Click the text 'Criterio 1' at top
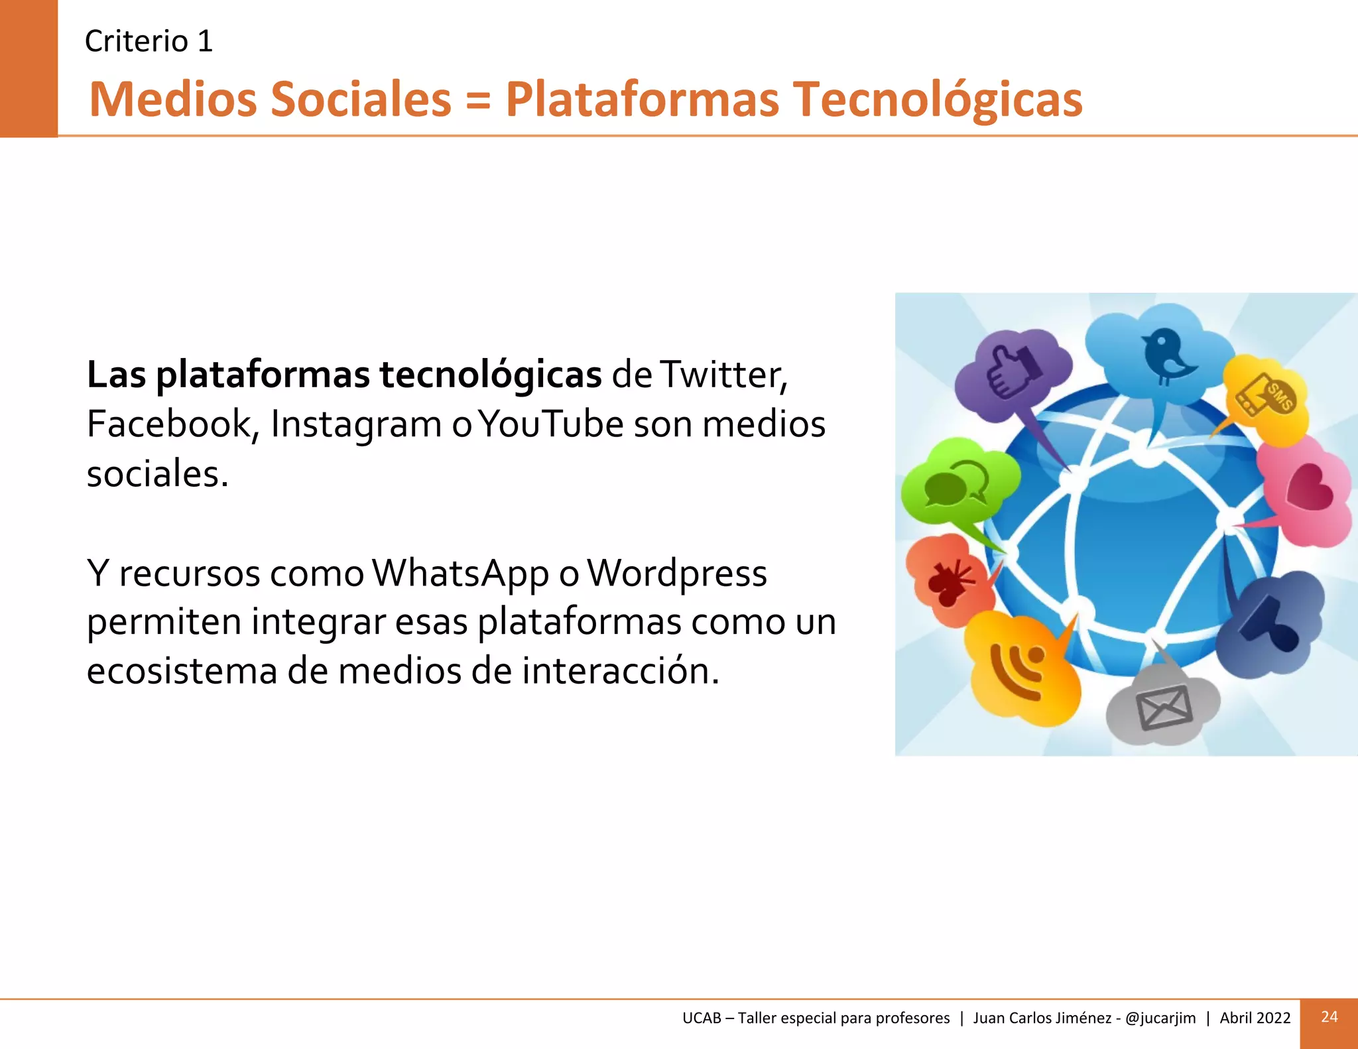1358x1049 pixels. tap(149, 41)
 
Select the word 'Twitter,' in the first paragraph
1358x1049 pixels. tap(725, 375)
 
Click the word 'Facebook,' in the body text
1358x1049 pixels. tap(173, 424)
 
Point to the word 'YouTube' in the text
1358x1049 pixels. tap(550, 424)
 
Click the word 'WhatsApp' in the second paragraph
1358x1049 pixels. tap(460, 574)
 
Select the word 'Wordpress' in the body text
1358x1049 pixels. tap(677, 574)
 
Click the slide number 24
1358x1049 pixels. tap(1329, 1017)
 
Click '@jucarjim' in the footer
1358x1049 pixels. tap(1160, 1018)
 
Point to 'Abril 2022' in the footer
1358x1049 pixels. tap(1255, 1018)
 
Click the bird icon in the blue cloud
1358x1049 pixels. tap(1165, 356)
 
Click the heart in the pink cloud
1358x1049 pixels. tap(1310, 487)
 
